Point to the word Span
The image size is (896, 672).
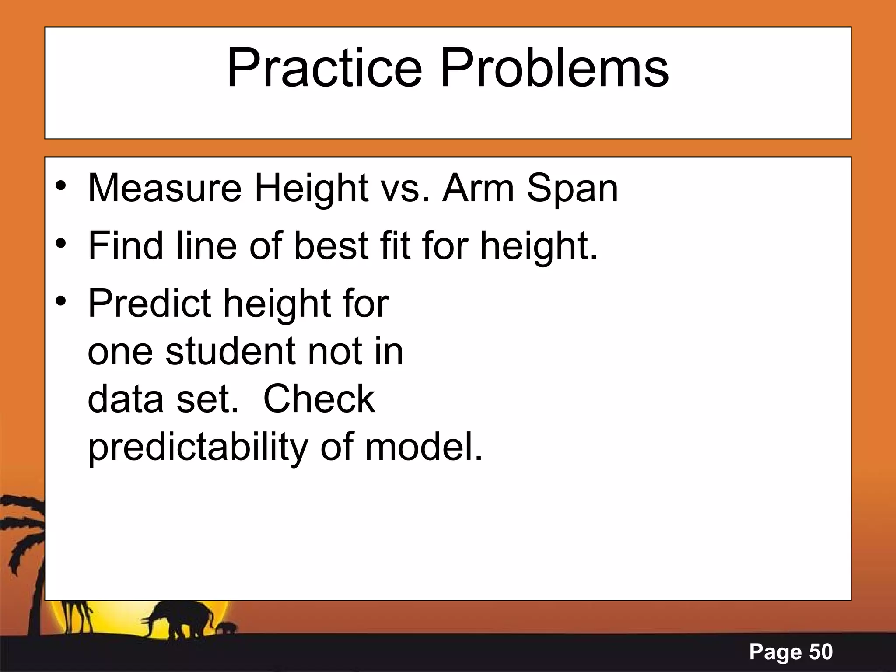pos(573,189)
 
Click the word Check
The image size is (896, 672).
pos(319,399)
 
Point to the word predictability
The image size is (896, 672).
pos(198,447)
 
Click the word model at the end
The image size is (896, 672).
pos(423,447)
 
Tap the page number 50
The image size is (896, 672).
pos(821,652)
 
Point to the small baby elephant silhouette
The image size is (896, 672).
pos(227,629)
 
